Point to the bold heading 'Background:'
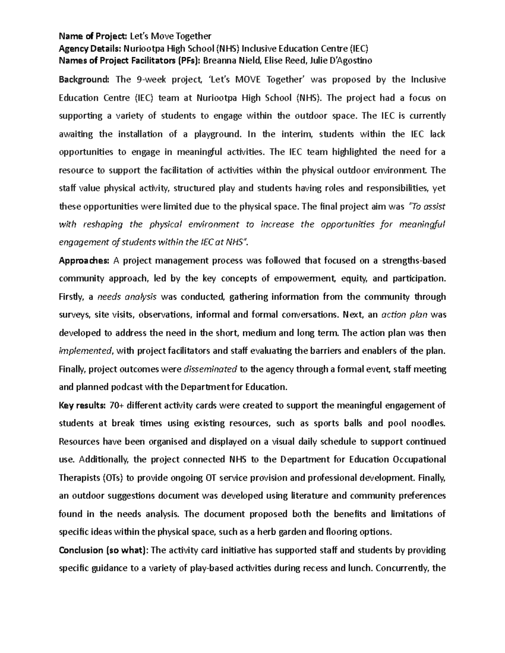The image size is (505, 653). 84,79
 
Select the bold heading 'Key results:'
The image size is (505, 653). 82,405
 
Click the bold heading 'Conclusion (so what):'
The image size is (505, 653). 104,550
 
